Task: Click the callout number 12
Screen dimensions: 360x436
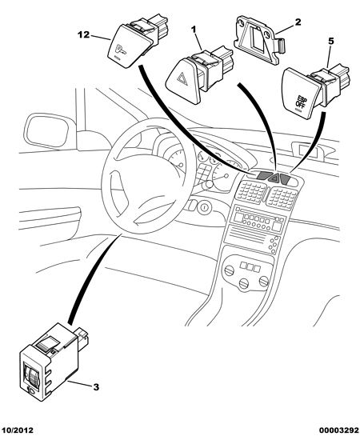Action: [83, 34]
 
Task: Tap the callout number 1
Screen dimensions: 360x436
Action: [194, 29]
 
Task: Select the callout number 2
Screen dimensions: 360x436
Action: [298, 22]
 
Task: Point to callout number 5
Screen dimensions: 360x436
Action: [330, 41]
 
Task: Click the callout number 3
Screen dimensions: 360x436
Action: [96, 386]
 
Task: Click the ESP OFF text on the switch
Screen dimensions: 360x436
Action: [300, 102]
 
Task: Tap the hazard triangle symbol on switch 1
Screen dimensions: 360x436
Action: [182, 78]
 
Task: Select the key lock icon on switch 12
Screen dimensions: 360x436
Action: [120, 50]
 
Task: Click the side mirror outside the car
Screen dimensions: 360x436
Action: [47, 130]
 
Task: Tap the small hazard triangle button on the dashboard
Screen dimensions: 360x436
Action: [274, 177]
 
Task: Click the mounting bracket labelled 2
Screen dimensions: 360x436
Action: [259, 39]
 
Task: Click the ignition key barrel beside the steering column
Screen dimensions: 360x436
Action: [204, 207]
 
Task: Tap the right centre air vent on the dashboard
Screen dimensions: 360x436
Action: [282, 197]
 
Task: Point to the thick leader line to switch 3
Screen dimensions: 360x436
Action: [92, 278]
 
